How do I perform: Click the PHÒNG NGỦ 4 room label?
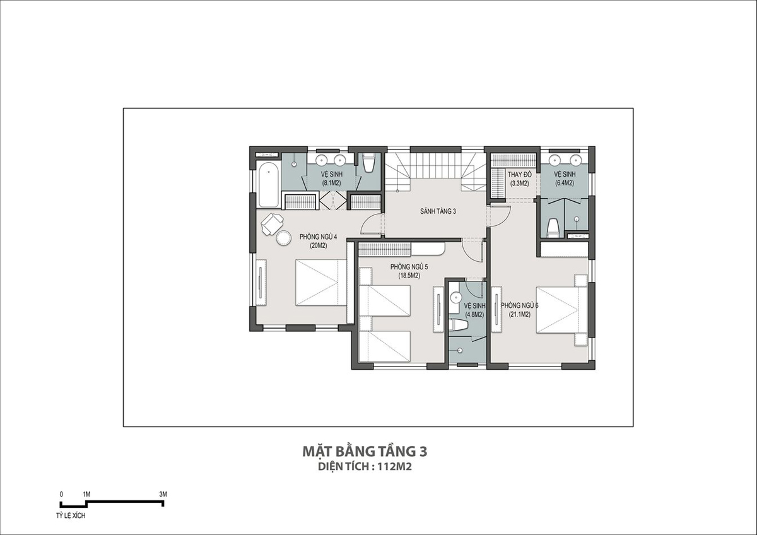[318, 237]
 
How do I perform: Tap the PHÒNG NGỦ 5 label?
[409, 267]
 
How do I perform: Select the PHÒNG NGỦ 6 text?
[519, 305]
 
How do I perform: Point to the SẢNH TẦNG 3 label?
[438, 211]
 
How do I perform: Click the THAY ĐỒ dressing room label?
[519, 174]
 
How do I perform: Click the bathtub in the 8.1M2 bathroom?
[269, 185]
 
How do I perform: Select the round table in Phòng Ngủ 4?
[283, 238]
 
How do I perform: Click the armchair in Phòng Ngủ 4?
[272, 223]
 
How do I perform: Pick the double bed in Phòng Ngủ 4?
[321, 283]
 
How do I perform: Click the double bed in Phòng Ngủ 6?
[561, 310]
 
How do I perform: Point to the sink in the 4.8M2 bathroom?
[455, 297]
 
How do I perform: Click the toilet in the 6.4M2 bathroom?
[553, 228]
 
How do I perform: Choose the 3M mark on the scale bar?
[163, 494]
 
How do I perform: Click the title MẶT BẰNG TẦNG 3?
[365, 452]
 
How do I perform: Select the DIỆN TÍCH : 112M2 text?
[365, 467]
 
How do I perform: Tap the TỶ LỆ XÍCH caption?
[71, 516]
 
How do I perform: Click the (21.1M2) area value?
[519, 314]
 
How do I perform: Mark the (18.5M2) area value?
[409, 276]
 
